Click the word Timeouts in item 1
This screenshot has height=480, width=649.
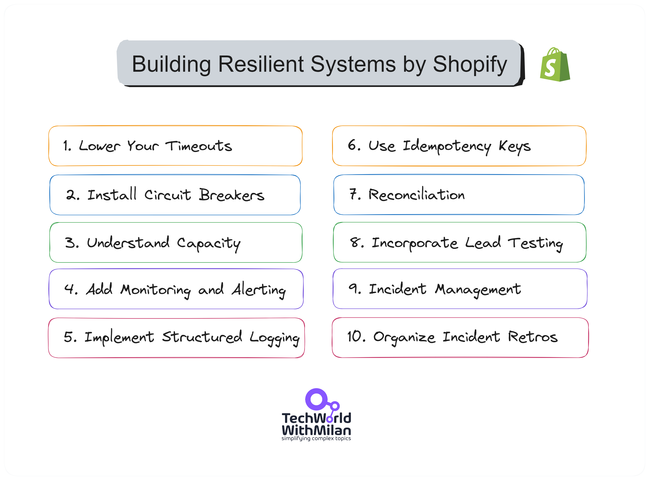click(x=199, y=146)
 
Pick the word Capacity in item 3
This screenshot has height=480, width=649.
click(x=209, y=243)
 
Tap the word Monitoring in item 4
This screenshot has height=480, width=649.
click(x=156, y=290)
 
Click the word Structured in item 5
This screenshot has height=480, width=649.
click(x=202, y=337)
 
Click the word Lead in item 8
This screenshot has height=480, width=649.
click(x=483, y=243)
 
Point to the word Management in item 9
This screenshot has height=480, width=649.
click(x=478, y=289)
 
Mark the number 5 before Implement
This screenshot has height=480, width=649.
click(x=69, y=337)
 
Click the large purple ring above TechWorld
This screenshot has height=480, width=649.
click(x=316, y=400)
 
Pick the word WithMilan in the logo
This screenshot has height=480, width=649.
click(x=316, y=430)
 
